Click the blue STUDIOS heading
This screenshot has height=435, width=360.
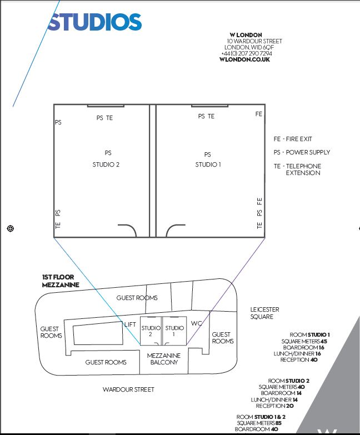pos(94,22)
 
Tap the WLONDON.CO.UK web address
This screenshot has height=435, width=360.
pos(244,59)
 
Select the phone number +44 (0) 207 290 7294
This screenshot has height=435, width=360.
pos(246,53)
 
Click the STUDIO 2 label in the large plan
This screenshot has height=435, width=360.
pos(106,164)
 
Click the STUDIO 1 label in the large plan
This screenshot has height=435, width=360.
pos(208,164)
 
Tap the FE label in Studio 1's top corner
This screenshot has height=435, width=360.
pos(258,114)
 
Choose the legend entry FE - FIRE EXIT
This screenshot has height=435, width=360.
pos(293,139)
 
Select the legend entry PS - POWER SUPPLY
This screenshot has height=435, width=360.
pos(302,152)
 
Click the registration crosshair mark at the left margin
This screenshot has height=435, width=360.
pos(10,228)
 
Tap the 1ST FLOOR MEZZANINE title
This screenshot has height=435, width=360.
pos(61,281)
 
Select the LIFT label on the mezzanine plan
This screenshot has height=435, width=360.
pos(130,324)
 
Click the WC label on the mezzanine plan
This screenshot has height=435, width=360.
pos(196,323)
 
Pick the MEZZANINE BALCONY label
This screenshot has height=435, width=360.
pos(164,359)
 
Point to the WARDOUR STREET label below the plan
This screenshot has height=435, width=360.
pos(128,389)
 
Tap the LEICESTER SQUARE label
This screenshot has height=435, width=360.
pos(264,313)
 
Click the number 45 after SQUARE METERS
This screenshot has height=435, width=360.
pos(324,341)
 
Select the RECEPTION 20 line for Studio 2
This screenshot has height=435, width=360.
pos(274,406)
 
